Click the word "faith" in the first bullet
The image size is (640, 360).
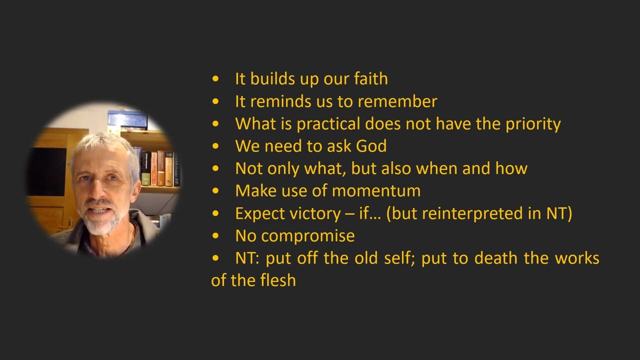click(370, 78)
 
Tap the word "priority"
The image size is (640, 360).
click(533, 124)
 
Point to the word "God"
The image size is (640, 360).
click(371, 146)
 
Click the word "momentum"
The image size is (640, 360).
click(376, 190)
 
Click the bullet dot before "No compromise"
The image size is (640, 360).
click(215, 235)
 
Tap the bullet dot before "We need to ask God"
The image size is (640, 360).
click(215, 146)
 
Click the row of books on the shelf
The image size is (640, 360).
click(159, 167)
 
